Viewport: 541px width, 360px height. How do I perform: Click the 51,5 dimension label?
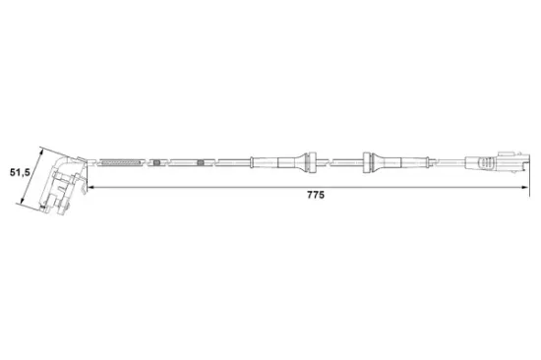(21, 173)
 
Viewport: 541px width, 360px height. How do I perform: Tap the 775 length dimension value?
(315, 196)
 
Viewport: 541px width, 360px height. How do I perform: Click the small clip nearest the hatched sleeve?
(156, 161)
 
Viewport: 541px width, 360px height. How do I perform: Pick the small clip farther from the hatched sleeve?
(201, 161)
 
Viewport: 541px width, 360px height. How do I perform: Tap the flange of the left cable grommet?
(311, 159)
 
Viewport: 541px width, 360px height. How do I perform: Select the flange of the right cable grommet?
(368, 159)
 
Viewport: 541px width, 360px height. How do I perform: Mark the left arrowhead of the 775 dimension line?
(90, 185)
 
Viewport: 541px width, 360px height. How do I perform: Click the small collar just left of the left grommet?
(254, 160)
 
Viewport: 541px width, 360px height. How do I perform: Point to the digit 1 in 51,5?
(18, 173)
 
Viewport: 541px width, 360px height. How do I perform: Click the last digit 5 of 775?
(322, 196)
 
